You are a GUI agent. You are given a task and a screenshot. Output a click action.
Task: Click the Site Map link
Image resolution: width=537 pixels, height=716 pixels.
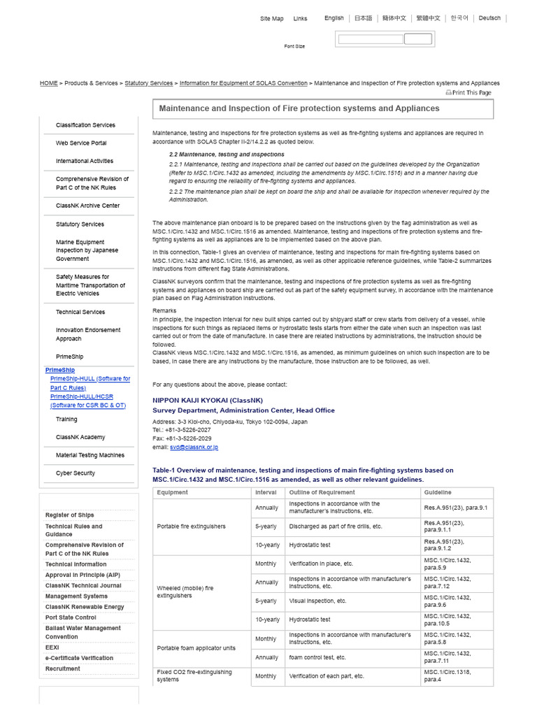pos(271,19)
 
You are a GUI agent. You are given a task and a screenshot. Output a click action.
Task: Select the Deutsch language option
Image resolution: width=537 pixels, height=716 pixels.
pos(489,18)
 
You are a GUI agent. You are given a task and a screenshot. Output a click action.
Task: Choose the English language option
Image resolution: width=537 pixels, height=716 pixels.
pos(334,18)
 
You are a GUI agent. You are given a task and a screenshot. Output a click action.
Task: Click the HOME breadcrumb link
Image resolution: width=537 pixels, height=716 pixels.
pos(49,83)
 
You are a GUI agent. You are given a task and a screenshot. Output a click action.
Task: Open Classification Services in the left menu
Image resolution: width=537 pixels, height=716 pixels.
pos(85,125)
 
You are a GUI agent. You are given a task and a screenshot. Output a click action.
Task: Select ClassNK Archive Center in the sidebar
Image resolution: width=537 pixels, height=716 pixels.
pos(87,206)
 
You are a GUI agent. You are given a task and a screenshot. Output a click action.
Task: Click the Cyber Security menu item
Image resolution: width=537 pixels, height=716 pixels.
pos(76,473)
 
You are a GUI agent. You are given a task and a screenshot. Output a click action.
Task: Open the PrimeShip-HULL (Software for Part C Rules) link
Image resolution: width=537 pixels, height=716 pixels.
pos(89,383)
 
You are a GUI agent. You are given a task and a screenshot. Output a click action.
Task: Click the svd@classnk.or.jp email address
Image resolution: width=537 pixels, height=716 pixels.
pos(194,447)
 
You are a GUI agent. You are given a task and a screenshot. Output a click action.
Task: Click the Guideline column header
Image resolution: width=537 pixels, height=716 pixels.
pos(438,493)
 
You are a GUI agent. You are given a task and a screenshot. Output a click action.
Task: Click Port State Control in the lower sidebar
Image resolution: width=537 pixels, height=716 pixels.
pos(71,617)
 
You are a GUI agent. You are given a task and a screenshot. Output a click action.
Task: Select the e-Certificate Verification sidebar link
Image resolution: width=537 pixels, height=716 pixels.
pos(79,658)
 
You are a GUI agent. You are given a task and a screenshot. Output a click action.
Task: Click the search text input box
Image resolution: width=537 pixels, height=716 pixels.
pos(370,39)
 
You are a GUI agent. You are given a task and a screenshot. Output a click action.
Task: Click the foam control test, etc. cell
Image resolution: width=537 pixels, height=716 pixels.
pos(317,657)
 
